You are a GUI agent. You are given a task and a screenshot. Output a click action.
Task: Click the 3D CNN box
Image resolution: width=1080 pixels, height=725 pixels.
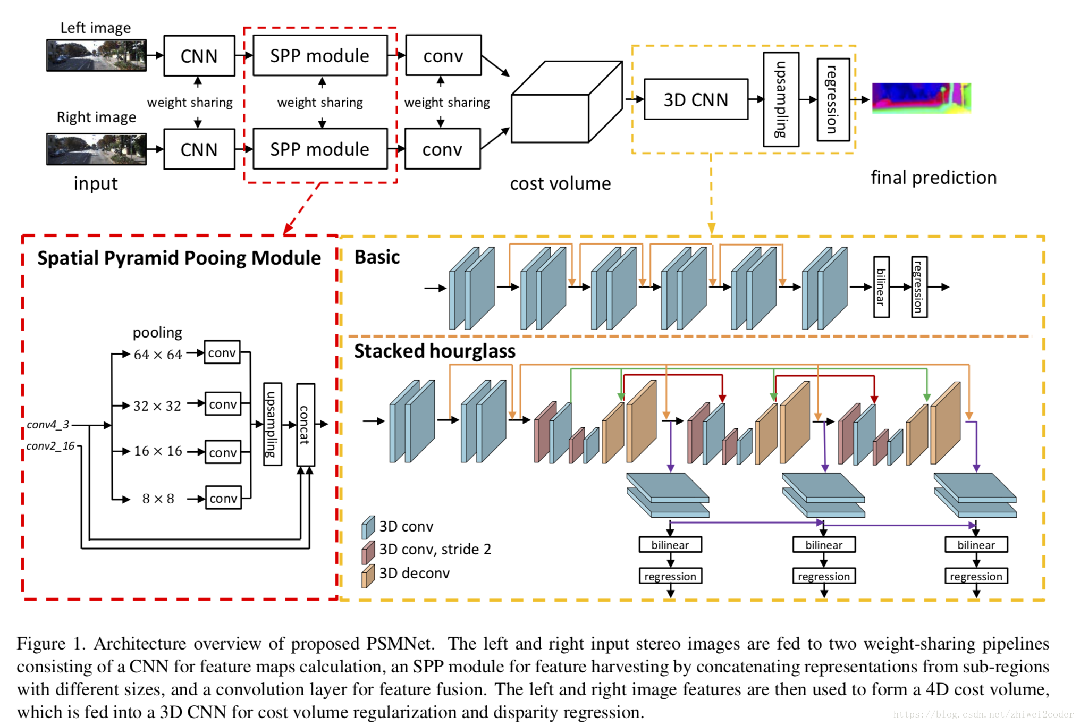695,99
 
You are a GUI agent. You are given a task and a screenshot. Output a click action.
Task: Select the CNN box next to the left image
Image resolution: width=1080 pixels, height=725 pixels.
199,56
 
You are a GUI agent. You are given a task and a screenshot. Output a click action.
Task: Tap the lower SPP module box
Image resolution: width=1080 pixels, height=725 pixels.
319,149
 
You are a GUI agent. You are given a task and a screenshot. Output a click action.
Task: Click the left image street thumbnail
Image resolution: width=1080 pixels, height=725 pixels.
96,55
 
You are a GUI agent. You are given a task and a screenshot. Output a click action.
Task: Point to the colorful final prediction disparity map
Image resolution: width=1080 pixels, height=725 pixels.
921,98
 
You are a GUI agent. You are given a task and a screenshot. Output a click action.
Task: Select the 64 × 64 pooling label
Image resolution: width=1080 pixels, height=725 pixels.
158,355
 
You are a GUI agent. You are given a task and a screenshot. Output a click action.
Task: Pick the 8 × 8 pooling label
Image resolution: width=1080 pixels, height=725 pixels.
158,499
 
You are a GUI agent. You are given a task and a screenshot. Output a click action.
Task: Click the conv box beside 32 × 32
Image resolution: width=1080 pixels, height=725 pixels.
223,404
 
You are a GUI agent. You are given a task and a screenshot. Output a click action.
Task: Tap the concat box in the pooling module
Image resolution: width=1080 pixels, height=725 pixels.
305,425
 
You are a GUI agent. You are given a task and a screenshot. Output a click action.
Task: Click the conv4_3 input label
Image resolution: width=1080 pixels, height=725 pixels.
48,425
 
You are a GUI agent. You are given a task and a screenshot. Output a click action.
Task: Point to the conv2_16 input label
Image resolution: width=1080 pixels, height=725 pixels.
50,446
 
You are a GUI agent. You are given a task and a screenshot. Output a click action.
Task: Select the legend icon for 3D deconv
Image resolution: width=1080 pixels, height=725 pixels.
368,576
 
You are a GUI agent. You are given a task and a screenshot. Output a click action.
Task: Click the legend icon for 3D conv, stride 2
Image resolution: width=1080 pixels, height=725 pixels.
368,552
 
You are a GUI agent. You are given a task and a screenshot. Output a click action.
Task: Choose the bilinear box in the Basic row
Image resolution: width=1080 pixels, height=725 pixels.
881,287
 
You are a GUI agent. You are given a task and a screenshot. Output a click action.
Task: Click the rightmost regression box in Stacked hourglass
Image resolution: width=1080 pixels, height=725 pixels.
976,576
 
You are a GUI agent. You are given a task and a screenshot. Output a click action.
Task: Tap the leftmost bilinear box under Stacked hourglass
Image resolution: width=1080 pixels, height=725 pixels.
670,545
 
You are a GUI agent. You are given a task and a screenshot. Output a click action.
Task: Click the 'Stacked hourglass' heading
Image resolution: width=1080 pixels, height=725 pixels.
434,351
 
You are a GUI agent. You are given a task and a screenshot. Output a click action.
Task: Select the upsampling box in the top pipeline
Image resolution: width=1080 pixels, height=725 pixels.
780,99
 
